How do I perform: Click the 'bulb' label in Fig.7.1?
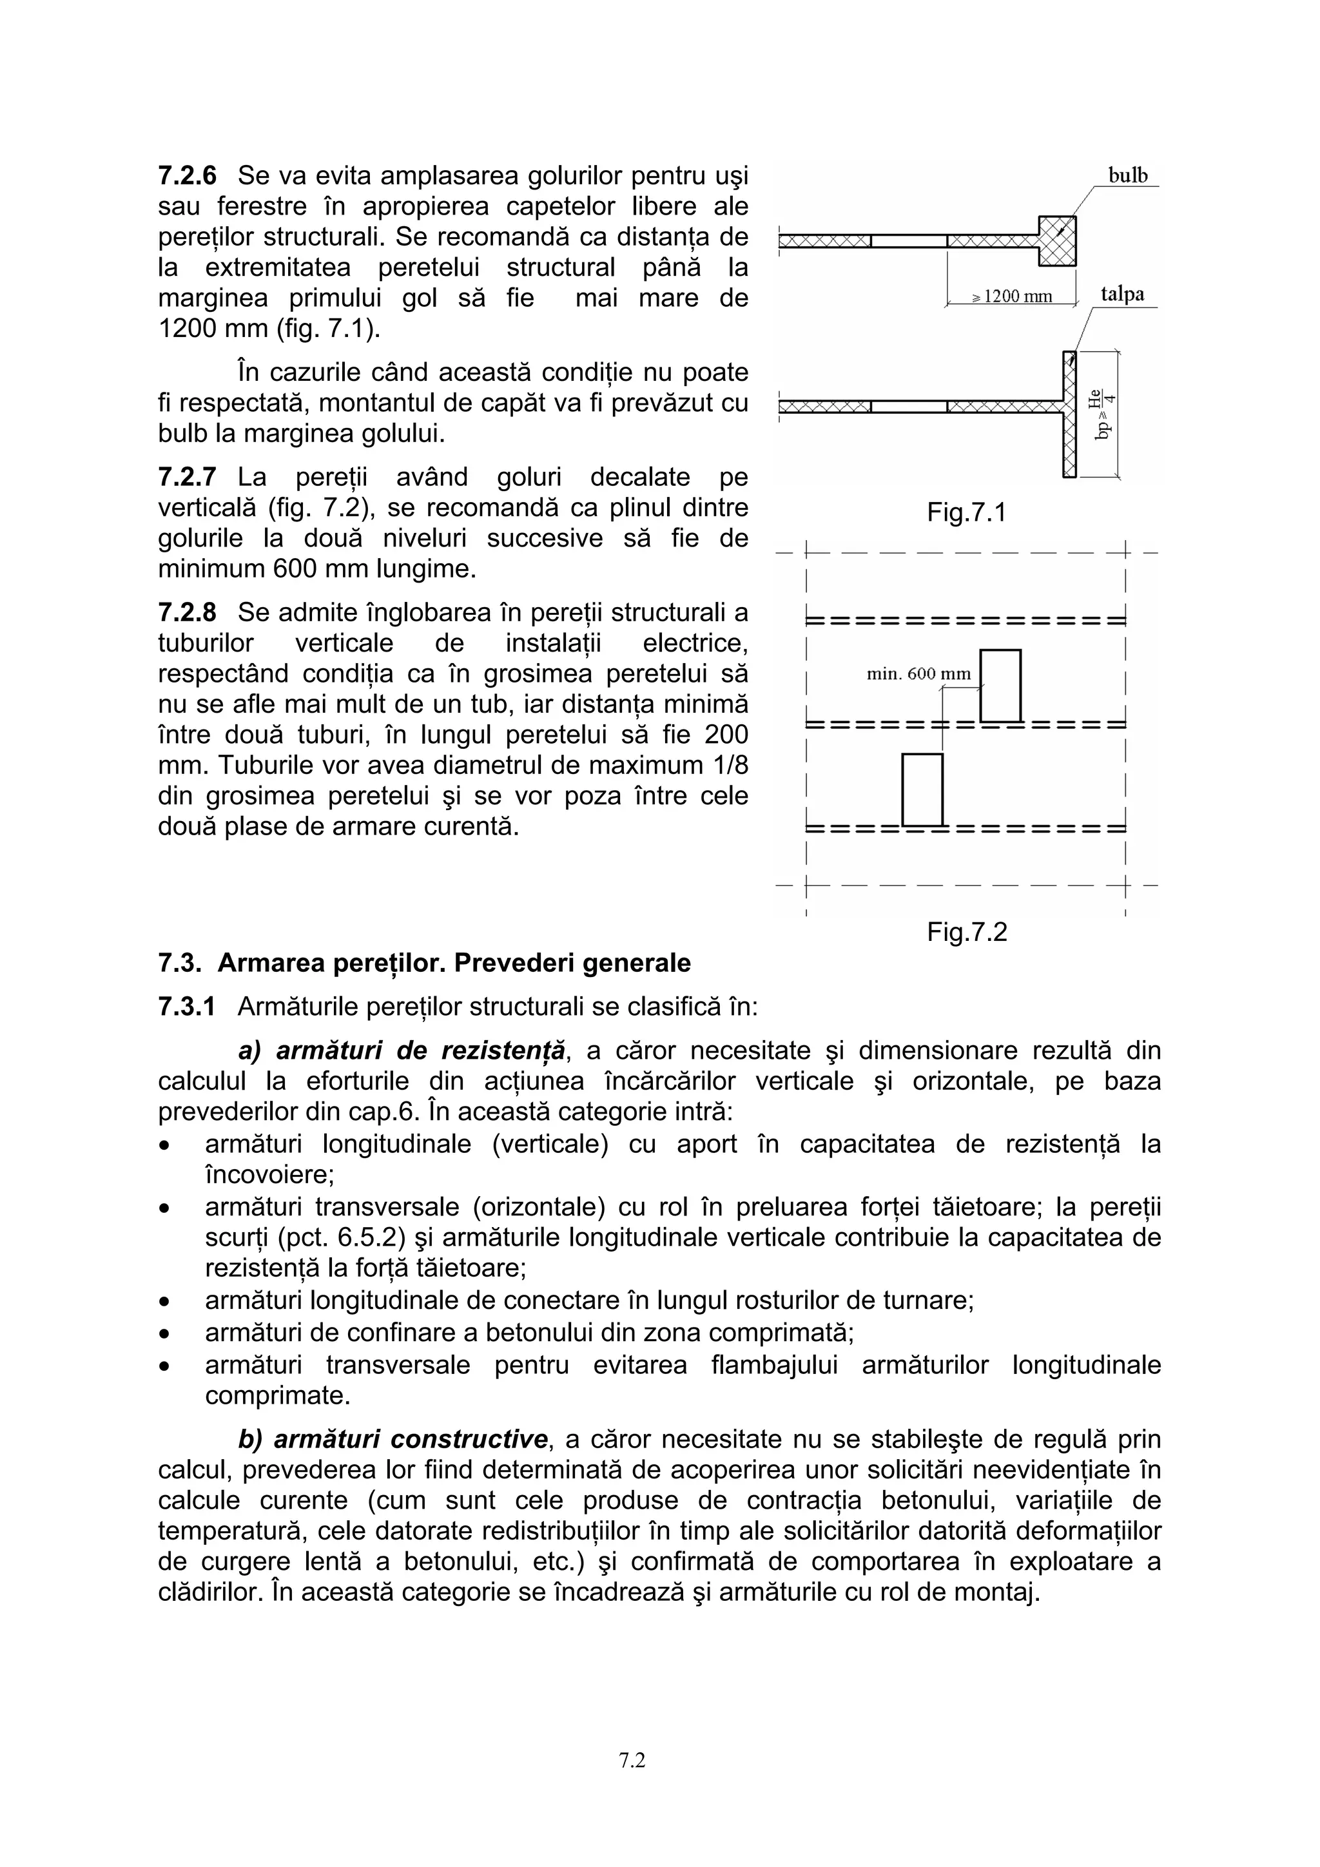pos(1127,176)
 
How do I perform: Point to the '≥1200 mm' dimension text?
pos(1013,297)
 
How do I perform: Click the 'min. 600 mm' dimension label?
pos(919,674)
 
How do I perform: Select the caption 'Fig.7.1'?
pos(966,512)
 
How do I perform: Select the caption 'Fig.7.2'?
pos(966,932)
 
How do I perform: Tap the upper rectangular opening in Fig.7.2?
pos(1000,686)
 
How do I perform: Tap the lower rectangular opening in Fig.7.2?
pos(922,789)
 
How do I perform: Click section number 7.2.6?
pos(187,176)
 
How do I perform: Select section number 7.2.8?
pos(187,612)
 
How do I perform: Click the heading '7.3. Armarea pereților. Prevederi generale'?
pos(423,963)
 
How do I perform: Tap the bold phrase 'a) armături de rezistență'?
pos(402,1050)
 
